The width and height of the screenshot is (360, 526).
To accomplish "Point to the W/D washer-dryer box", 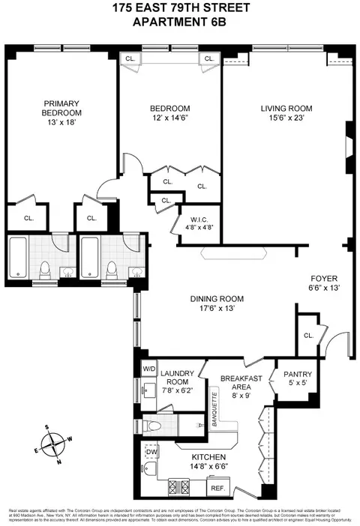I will (x=148, y=369).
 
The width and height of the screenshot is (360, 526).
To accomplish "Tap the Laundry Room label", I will (x=178, y=377).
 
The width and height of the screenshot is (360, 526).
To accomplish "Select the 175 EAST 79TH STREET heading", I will (x=179, y=9).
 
